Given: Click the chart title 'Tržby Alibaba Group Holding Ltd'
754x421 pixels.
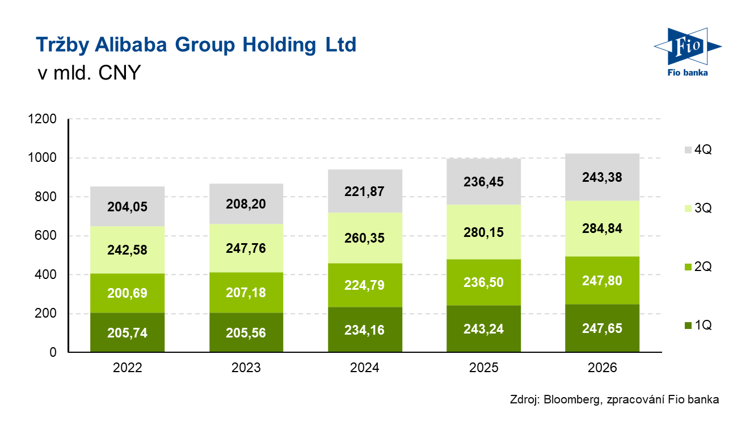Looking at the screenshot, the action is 196,45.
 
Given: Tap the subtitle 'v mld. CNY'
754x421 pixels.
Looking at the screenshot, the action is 89,72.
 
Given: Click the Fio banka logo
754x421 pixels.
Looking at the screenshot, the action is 688,52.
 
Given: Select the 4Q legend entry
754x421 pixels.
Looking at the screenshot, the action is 698,149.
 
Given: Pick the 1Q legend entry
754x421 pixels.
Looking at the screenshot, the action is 698,325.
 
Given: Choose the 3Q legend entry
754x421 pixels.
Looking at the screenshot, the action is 698,208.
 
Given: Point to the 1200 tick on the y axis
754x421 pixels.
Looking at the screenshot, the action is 42,119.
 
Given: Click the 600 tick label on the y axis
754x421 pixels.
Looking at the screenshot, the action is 45,235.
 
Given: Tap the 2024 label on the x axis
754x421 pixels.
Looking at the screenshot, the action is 365,368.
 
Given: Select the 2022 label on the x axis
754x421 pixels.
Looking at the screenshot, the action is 127,368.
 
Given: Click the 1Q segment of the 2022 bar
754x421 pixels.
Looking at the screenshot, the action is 127,332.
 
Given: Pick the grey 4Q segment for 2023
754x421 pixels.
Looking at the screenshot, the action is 246,204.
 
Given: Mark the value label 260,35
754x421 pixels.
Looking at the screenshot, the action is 364,238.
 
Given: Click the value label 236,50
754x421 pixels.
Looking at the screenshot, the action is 483,282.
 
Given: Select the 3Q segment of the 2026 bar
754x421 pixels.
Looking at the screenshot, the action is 602,228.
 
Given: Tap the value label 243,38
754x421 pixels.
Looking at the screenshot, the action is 602,177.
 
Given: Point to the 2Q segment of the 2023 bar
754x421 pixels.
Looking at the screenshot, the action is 246,293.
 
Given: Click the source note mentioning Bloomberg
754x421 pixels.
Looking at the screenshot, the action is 614,399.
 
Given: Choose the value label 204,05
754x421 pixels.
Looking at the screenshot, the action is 127,207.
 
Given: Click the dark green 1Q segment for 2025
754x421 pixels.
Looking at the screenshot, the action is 484,328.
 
